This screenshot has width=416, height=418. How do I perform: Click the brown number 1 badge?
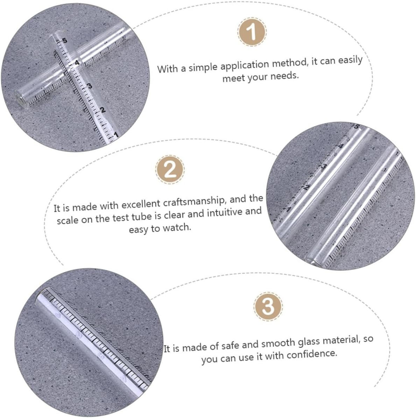pyautogui.click(x=252, y=32)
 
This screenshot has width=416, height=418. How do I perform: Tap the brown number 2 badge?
pyautogui.click(x=170, y=169)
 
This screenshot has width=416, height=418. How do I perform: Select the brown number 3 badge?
pyautogui.click(x=268, y=306)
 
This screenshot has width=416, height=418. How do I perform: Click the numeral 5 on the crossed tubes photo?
pyautogui.click(x=64, y=41)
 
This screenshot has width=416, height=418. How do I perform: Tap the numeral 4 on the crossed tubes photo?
pyautogui.click(x=77, y=63)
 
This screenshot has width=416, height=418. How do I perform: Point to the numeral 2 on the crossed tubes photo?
pyautogui.click(x=103, y=110)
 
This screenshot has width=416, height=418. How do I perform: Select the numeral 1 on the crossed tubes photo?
pyautogui.click(x=116, y=135)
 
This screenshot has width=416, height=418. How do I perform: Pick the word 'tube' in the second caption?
pyautogui.click(x=142, y=217)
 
